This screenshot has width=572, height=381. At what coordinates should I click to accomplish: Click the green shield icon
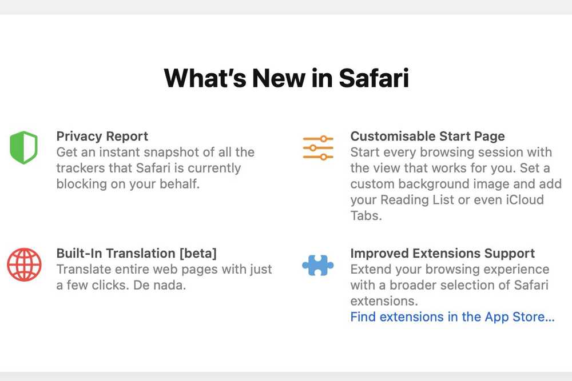[x=23, y=147]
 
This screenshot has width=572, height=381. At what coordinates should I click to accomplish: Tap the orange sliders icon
[x=318, y=148]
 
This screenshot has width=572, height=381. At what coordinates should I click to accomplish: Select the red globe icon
[x=24, y=265]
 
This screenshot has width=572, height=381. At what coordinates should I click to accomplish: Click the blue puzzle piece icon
[x=317, y=265]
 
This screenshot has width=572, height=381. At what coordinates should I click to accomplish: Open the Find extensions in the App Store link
[x=452, y=317]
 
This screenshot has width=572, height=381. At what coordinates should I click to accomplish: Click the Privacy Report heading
[x=102, y=136]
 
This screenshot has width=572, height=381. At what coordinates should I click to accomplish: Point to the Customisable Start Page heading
[x=427, y=136]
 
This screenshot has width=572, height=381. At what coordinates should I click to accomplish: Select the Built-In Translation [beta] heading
[x=137, y=254]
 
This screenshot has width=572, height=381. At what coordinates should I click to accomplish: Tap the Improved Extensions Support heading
[x=443, y=254]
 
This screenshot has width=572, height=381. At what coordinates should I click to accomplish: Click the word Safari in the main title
[x=374, y=78]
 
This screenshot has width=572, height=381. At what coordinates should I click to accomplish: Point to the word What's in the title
[x=205, y=78]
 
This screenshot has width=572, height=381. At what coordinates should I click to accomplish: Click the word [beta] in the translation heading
[x=198, y=254]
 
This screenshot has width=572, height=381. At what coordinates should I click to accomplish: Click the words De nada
[x=160, y=285]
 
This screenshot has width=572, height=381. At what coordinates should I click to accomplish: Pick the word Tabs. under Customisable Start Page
[x=366, y=215]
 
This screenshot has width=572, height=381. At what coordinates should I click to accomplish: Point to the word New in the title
[x=278, y=78]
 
